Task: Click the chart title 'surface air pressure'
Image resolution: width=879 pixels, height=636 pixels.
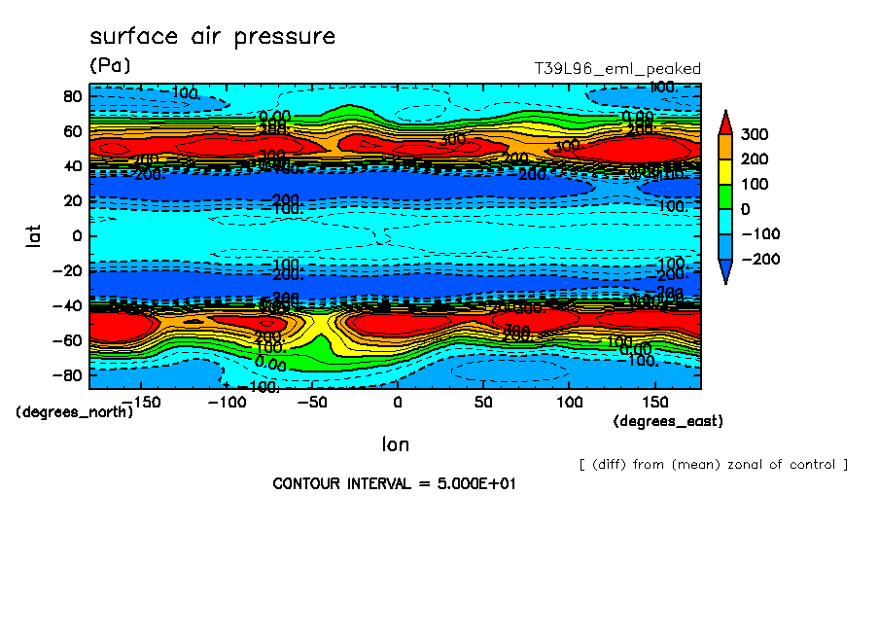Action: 212,37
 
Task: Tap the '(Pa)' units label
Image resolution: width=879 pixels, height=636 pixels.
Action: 110,66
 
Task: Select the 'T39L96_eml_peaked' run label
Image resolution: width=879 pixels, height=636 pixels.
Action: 617,69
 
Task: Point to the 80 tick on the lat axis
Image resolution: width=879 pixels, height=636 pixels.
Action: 71,96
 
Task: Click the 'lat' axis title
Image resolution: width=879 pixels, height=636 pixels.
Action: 34,235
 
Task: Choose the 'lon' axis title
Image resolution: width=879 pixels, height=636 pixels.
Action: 395,445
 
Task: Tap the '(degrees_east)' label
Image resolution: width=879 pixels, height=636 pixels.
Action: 668,421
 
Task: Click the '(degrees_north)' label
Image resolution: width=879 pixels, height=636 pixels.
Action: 75,412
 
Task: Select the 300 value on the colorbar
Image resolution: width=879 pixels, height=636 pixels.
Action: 756,134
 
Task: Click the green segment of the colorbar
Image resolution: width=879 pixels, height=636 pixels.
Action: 725,196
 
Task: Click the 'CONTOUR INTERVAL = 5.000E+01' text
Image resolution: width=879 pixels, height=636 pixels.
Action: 393,483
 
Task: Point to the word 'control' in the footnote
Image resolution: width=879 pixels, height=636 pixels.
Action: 812,465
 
